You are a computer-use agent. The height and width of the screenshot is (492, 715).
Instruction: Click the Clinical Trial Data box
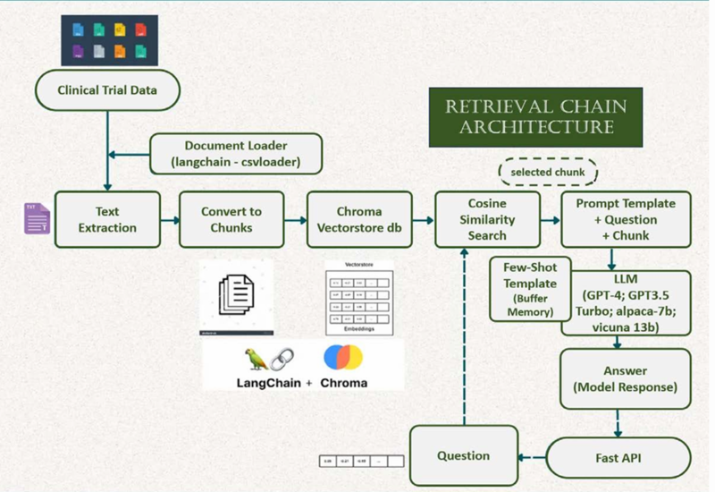[107, 90]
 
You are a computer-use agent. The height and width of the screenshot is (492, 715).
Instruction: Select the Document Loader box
[237, 154]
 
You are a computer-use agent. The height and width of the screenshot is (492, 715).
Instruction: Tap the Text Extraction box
[107, 219]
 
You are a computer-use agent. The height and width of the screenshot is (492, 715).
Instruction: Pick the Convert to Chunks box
[231, 219]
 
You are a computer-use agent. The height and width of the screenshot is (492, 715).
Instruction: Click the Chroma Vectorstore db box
[359, 219]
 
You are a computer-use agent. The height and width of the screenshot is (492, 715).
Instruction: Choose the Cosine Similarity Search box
[487, 219]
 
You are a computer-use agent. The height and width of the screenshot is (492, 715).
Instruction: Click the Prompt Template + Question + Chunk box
[626, 219]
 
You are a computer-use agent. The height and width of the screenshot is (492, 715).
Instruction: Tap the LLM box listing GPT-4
[626, 302]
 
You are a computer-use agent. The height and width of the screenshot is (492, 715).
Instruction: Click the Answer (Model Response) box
[626, 378]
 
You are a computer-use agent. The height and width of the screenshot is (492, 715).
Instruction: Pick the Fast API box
[618, 458]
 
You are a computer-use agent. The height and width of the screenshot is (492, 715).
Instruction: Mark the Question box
[464, 456]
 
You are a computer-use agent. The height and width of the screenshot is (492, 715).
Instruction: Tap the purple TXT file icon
[37, 219]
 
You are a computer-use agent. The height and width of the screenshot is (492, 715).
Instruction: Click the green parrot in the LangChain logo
[257, 359]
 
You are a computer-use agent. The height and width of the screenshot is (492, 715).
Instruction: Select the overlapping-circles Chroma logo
[343, 359]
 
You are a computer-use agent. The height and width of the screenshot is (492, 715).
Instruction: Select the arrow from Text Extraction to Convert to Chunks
[170, 219]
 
